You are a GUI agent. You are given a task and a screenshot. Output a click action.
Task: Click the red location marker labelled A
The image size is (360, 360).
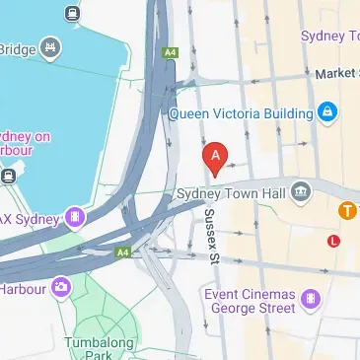click(215, 156)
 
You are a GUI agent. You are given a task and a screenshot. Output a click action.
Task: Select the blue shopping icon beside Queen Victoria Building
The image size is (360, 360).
click(326, 112)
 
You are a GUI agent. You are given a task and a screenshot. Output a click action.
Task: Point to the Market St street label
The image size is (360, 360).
click(334, 74)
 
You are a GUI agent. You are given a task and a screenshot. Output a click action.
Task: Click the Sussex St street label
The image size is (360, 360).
click(210, 237)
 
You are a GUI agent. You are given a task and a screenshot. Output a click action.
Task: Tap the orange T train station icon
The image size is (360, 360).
click(347, 210)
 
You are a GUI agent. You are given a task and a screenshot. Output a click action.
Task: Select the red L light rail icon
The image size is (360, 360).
click(334, 240)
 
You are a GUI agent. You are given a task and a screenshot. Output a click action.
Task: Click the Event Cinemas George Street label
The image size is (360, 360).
click(248, 302)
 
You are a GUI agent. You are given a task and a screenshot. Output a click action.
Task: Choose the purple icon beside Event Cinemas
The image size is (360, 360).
click(311, 296)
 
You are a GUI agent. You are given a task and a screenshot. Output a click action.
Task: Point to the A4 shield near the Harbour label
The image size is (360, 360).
click(123, 252)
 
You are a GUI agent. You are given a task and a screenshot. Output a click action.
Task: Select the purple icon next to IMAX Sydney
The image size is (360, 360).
click(74, 216)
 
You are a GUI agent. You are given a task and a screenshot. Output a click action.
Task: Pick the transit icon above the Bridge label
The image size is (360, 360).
click(71, 13)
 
